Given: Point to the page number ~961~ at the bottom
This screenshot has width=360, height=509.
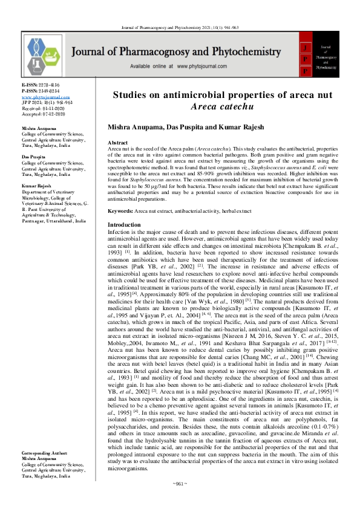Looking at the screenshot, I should click(x=179, y=501).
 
